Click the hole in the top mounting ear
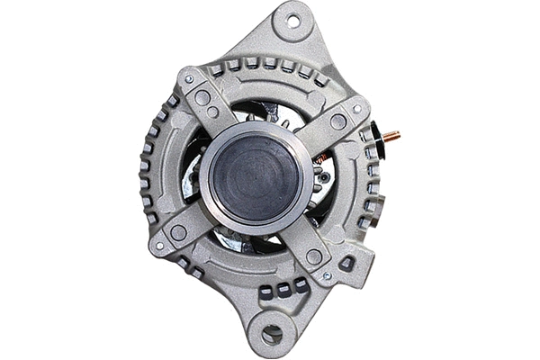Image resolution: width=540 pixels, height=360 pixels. (293, 19)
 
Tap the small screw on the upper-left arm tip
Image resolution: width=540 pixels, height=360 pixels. (189, 79)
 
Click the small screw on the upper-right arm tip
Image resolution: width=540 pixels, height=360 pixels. (357, 109)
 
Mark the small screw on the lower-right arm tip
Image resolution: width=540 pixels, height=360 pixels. (327, 276)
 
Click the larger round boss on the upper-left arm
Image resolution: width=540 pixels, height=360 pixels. (202, 97)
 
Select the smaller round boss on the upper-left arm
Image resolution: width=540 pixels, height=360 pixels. (212, 112)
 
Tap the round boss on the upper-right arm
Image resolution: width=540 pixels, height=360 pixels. (338, 121)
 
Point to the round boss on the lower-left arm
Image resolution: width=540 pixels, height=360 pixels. (178, 232)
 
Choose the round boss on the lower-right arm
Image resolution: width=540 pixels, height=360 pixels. (314, 257)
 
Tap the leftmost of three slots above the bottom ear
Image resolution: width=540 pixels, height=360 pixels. (266, 292)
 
